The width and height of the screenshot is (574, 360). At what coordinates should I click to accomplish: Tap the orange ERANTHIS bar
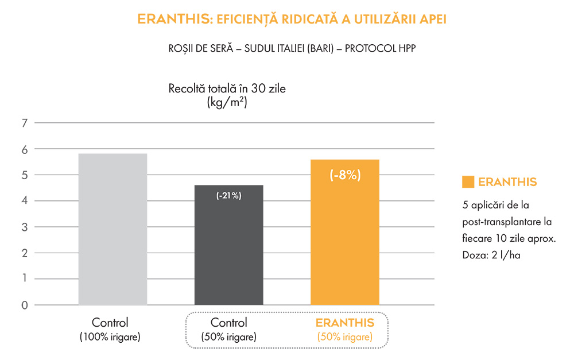[345, 241]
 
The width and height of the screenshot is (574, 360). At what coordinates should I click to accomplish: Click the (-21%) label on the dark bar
[228, 196]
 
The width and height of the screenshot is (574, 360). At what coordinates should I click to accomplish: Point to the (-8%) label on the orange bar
[345, 175]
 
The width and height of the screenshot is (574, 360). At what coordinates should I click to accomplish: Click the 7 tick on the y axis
[24, 123]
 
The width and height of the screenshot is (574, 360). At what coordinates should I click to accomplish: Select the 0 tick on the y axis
[24, 305]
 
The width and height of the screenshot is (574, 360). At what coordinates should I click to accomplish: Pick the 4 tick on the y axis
[24, 201]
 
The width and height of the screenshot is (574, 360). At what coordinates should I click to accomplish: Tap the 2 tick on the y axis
[24, 253]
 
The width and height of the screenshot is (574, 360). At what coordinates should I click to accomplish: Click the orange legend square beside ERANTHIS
[468, 182]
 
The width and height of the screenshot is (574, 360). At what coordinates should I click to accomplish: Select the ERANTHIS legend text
[507, 182]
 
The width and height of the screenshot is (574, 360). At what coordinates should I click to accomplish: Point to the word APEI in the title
[431, 20]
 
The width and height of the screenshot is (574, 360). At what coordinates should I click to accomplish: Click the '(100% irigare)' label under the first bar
[110, 336]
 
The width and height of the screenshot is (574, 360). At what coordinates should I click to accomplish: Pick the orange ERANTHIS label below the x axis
[345, 322]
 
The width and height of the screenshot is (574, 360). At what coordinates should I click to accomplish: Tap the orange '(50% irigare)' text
[345, 336]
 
